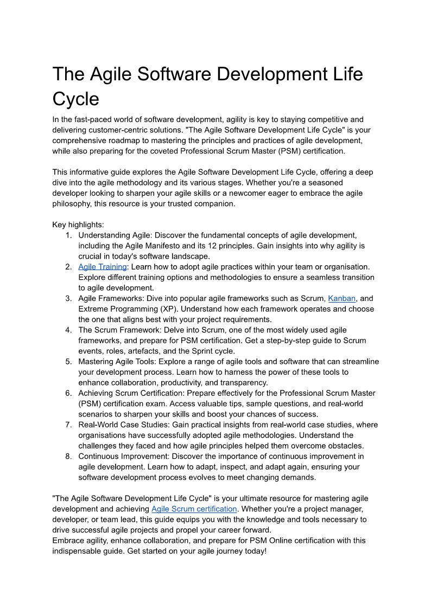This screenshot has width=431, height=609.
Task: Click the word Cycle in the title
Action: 75,99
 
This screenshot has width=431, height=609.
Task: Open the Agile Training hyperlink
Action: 103,267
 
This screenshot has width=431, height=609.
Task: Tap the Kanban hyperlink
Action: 342,298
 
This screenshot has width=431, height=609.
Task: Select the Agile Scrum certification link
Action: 194,509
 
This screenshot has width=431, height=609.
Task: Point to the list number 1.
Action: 68,235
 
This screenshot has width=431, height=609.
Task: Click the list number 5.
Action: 68,362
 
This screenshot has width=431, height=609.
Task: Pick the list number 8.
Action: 68,457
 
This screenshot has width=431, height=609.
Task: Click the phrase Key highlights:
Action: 78,225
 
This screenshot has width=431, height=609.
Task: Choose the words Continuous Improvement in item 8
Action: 124,457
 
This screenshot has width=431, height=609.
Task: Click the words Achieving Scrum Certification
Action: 132,393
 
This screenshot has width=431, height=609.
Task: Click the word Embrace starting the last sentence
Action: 68,541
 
